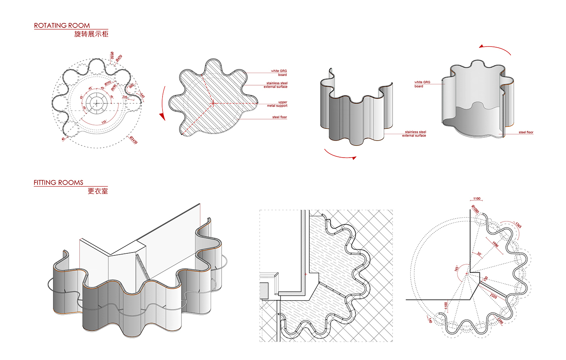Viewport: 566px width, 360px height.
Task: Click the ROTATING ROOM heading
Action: [62, 25]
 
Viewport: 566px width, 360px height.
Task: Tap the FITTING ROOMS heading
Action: [58, 183]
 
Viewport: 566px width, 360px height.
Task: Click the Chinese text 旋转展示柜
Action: [91, 34]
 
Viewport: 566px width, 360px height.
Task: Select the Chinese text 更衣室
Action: [98, 191]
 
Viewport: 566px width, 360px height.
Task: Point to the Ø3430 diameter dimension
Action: [133, 140]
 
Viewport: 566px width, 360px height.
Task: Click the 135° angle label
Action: [104, 122]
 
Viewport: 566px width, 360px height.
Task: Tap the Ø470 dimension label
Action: [119, 58]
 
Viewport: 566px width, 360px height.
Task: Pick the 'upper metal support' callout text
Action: [277, 104]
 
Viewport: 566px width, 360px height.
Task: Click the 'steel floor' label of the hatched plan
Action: [279, 117]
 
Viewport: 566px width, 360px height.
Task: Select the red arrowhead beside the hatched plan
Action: [162, 117]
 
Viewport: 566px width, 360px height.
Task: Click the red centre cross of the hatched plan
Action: [213, 103]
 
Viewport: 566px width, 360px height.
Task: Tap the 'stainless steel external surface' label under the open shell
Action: [414, 134]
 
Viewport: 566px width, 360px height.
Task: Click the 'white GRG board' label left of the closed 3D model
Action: [422, 84]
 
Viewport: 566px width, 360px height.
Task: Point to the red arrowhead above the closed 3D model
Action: [482, 47]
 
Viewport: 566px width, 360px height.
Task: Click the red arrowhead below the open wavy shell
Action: [354, 158]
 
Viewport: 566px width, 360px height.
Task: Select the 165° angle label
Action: [456, 268]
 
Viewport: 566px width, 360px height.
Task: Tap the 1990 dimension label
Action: [495, 244]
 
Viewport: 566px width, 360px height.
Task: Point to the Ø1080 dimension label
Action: [475, 209]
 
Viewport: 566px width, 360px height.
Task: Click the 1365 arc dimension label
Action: [518, 225]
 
